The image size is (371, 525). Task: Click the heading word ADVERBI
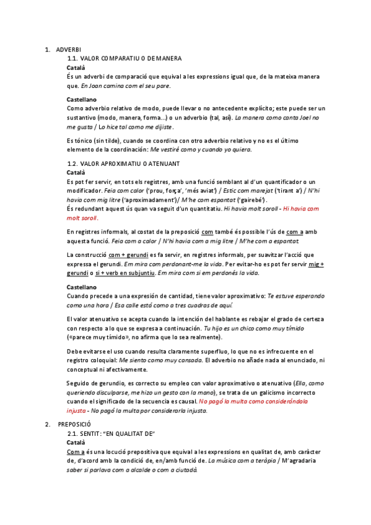coord(68,50)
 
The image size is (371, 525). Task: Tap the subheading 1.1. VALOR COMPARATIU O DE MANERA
coord(128,58)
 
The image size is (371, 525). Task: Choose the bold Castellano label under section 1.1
coord(82,99)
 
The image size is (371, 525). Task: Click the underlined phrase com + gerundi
coord(129,255)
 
